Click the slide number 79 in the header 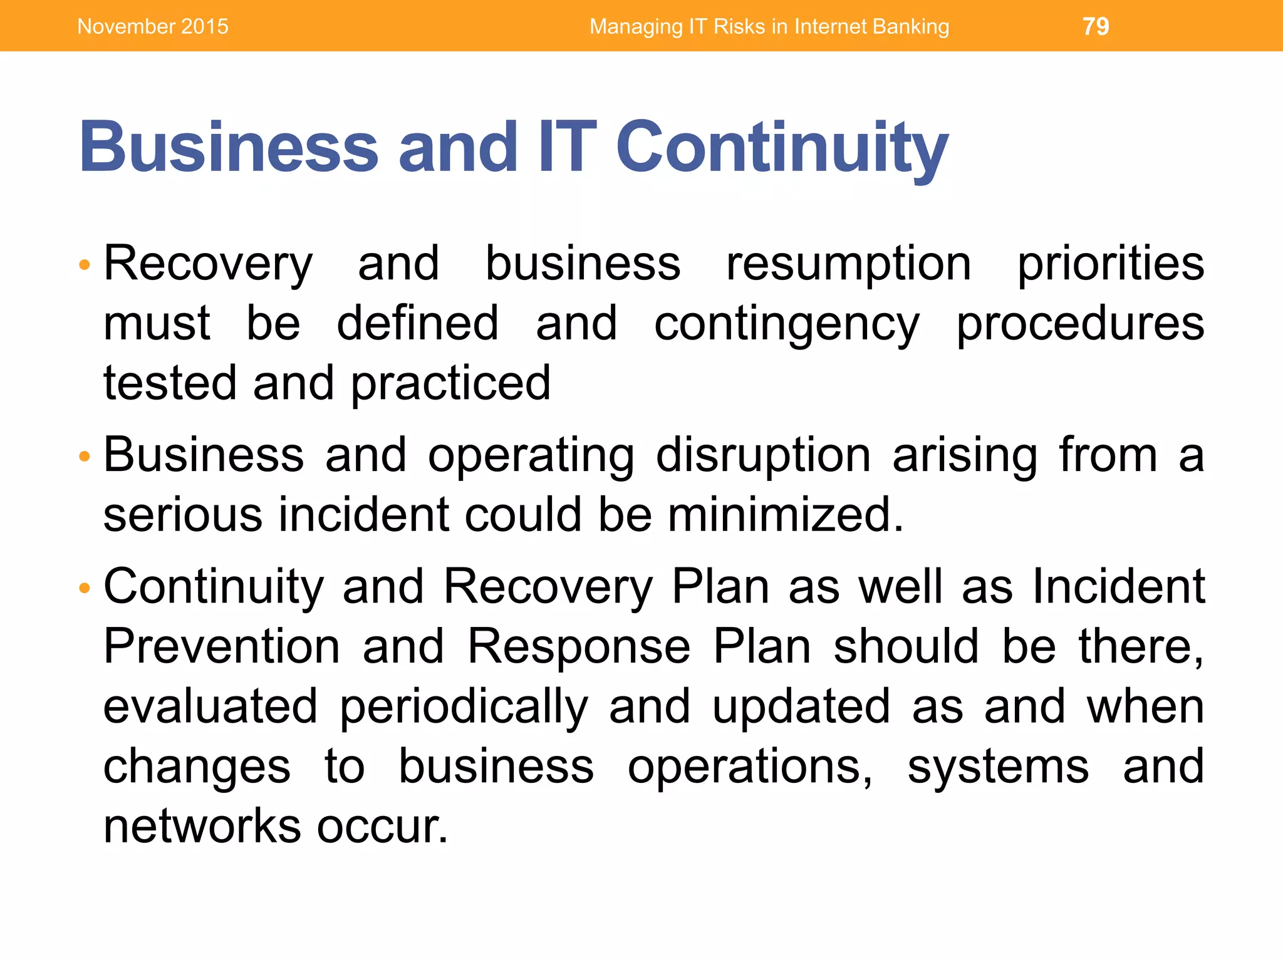click(x=1096, y=26)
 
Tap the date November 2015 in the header click(x=153, y=26)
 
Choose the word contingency click(x=787, y=325)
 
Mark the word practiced click(x=450, y=385)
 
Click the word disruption click(x=763, y=455)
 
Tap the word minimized click(x=786, y=515)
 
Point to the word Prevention click(x=222, y=647)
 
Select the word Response click(x=579, y=647)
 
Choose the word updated click(x=801, y=706)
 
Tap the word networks click(x=202, y=827)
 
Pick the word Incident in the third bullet click(x=1118, y=587)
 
